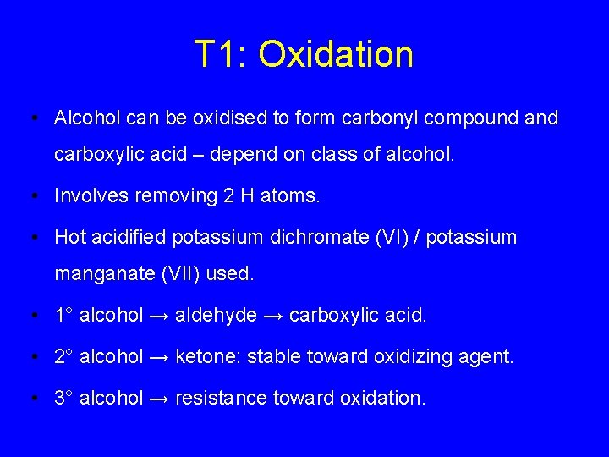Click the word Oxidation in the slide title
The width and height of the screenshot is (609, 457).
point(336,54)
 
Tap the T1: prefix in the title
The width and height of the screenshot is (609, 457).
point(221,54)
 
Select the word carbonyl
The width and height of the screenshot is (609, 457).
point(380,118)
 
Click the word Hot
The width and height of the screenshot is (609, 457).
point(69,237)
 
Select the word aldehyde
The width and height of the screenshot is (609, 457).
point(216,316)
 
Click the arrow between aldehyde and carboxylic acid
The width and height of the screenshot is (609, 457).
point(272,316)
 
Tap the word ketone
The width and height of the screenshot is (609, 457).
point(201,356)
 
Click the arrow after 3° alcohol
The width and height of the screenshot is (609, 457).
point(159,397)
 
